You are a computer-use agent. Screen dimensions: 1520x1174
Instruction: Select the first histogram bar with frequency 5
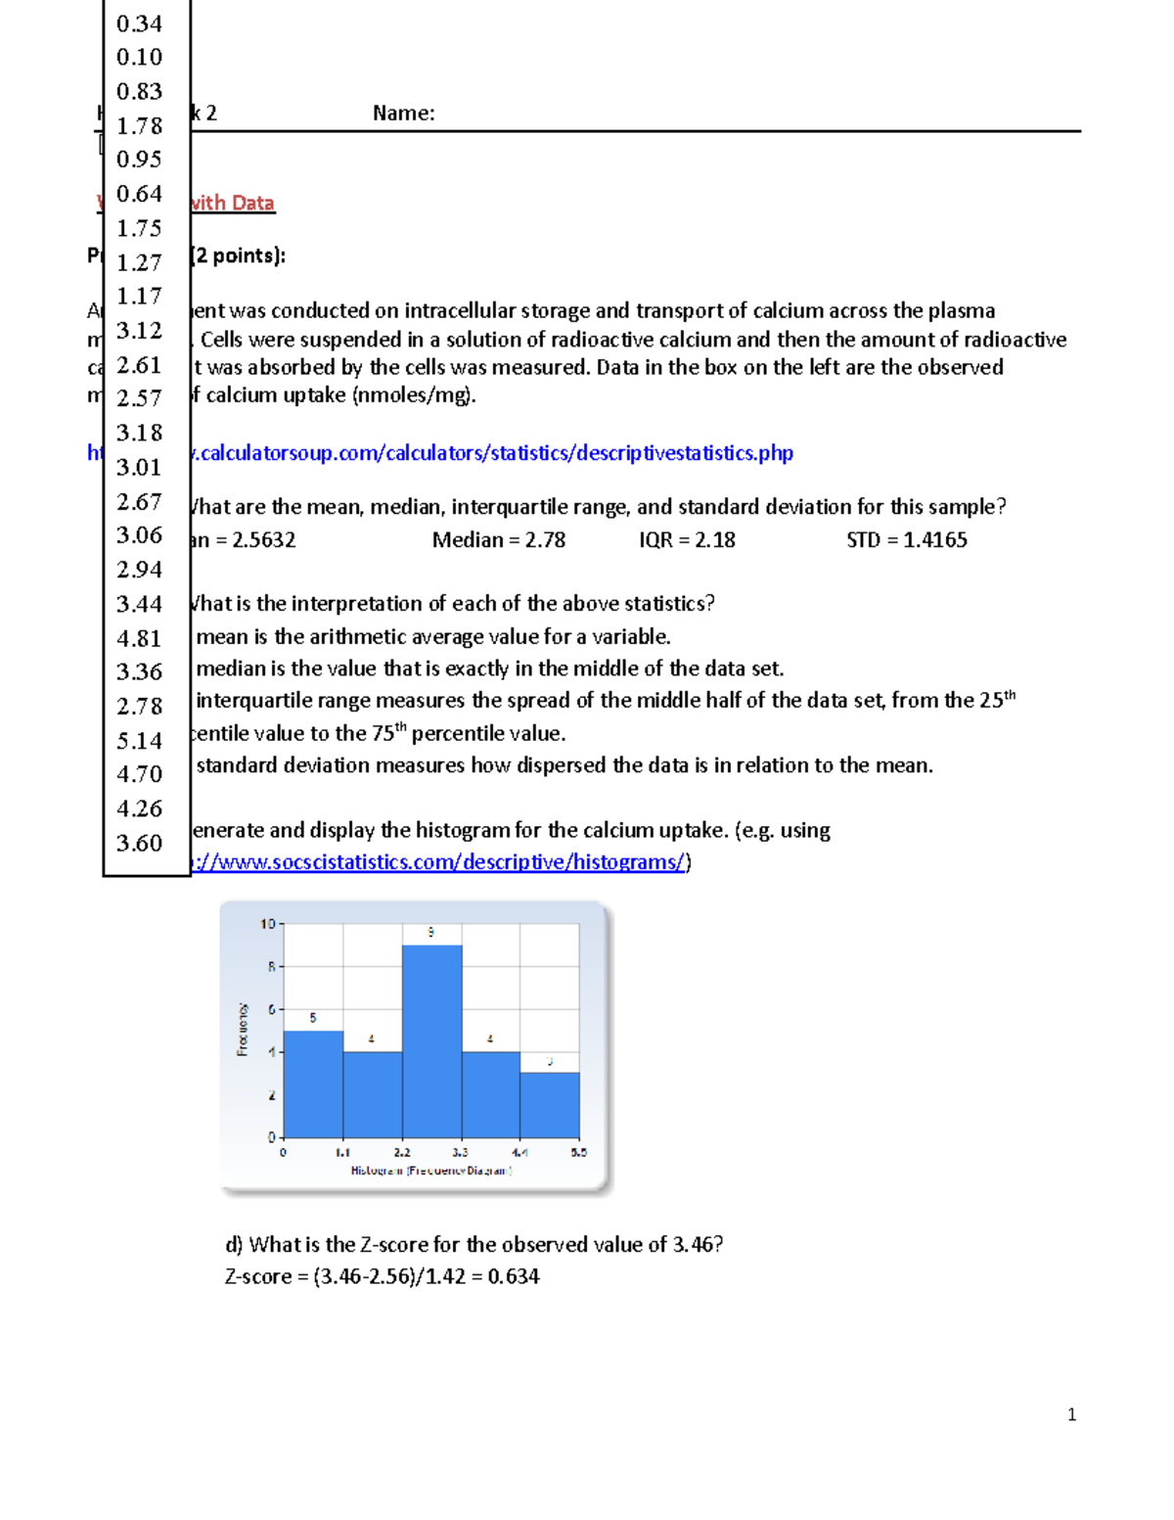pyautogui.click(x=313, y=1083)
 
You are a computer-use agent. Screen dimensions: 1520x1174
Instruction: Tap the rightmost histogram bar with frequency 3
pyautogui.click(x=550, y=1105)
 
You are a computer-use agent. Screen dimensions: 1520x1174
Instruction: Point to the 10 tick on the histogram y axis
pyautogui.click(x=268, y=924)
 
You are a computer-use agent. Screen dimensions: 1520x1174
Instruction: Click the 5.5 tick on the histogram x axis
pyautogui.click(x=579, y=1153)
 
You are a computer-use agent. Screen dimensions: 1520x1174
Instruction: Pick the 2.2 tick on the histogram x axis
pyautogui.click(x=402, y=1153)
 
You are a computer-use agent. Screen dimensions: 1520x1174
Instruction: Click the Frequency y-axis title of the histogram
pyautogui.click(x=243, y=1030)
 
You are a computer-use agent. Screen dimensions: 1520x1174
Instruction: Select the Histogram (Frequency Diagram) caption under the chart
pyautogui.click(x=431, y=1171)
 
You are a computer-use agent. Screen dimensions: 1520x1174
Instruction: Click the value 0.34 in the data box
pyautogui.click(x=139, y=23)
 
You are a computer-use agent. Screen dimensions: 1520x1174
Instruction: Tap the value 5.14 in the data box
pyautogui.click(x=139, y=741)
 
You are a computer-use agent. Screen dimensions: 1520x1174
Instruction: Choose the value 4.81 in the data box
pyautogui.click(x=139, y=638)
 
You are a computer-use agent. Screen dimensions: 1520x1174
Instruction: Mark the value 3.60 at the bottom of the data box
pyautogui.click(x=139, y=843)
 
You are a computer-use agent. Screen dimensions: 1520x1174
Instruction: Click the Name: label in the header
pyautogui.click(x=403, y=114)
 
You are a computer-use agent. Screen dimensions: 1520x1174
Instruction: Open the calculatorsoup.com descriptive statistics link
pyautogui.click(x=489, y=453)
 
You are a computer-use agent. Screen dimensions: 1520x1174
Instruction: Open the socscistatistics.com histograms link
pyautogui.click(x=440, y=862)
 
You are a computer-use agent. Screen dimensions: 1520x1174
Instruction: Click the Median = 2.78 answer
pyautogui.click(x=499, y=540)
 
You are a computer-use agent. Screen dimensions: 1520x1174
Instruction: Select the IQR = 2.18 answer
pyautogui.click(x=687, y=540)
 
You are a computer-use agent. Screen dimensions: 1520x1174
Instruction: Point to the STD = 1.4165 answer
pyautogui.click(x=906, y=540)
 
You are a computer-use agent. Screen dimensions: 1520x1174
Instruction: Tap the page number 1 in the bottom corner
pyautogui.click(x=1072, y=1414)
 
